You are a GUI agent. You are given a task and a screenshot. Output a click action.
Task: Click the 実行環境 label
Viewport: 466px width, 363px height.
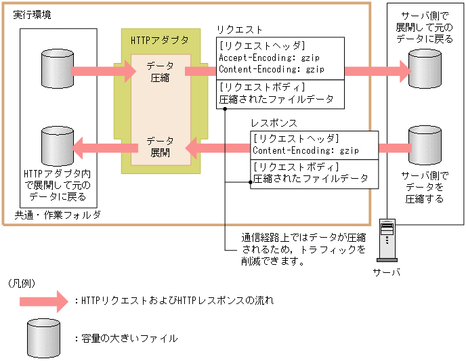[31, 15]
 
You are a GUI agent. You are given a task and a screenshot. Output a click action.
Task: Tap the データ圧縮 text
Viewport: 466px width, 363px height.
[161, 71]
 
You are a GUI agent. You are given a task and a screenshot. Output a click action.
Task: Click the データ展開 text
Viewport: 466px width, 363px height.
[161, 147]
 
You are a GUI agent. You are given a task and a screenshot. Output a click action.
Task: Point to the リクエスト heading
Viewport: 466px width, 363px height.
[239, 30]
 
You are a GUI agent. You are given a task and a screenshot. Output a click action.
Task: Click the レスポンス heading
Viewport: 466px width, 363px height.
[273, 124]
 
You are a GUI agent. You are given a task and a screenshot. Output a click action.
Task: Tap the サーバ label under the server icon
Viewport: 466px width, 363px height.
[386, 272]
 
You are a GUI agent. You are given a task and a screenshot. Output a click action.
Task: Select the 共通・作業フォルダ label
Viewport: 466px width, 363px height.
[58, 215]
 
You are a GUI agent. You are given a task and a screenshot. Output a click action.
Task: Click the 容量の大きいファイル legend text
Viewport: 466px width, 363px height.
[129, 338]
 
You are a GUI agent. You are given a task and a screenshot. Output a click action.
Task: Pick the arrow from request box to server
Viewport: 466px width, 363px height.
[377, 70]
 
